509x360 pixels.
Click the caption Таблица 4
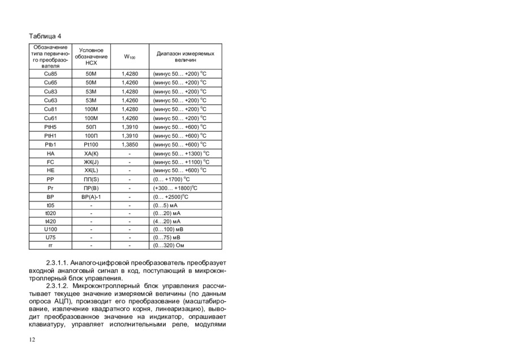[45, 36]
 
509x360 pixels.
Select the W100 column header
[130, 57]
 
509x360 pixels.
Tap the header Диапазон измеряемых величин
[186, 57]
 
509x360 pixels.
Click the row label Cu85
[50, 74]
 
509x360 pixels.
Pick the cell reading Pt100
[91, 145]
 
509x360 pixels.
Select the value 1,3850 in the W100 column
[130, 145]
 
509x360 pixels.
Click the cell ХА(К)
[91, 153]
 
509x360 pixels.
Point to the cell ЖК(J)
[91, 162]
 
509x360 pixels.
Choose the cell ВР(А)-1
[91, 196]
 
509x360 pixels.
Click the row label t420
[50, 221]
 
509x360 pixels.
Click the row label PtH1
[50, 136]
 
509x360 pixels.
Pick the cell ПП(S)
[91, 179]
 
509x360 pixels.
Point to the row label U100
[50, 229]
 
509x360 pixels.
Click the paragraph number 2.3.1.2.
[58, 286]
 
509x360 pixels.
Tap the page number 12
[32, 340]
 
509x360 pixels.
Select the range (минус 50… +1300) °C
[181, 153]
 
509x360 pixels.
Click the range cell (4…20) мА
[167, 221]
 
